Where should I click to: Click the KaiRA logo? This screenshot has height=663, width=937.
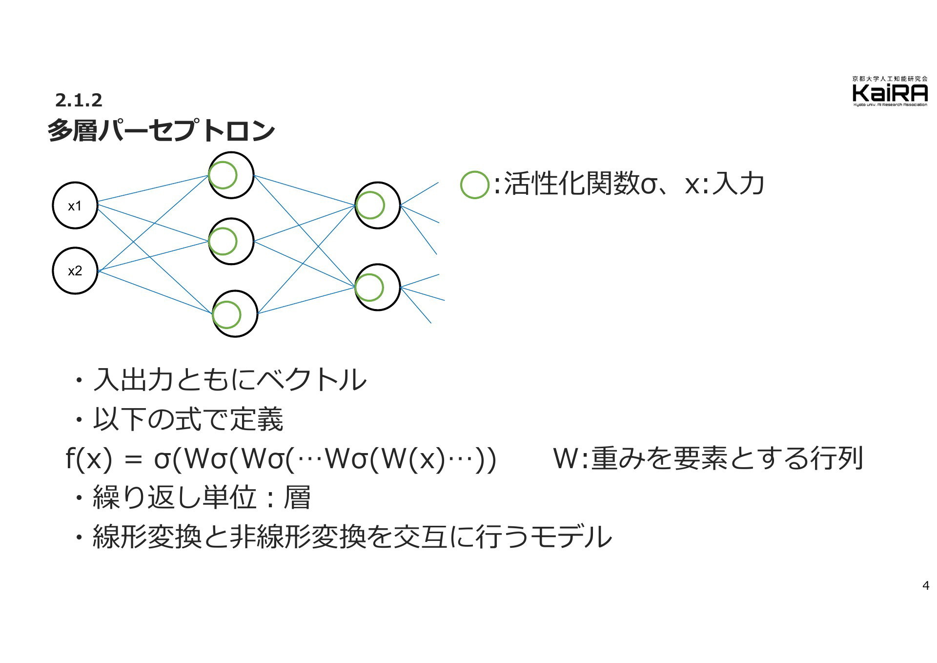890,91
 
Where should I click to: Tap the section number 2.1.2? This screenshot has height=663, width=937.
79,100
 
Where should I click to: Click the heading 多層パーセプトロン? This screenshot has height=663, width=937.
162,130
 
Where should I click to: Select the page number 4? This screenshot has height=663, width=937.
926,586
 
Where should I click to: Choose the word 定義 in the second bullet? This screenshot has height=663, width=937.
256,419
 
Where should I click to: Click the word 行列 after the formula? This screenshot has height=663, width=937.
836,459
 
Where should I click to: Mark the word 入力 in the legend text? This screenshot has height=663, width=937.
737,184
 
